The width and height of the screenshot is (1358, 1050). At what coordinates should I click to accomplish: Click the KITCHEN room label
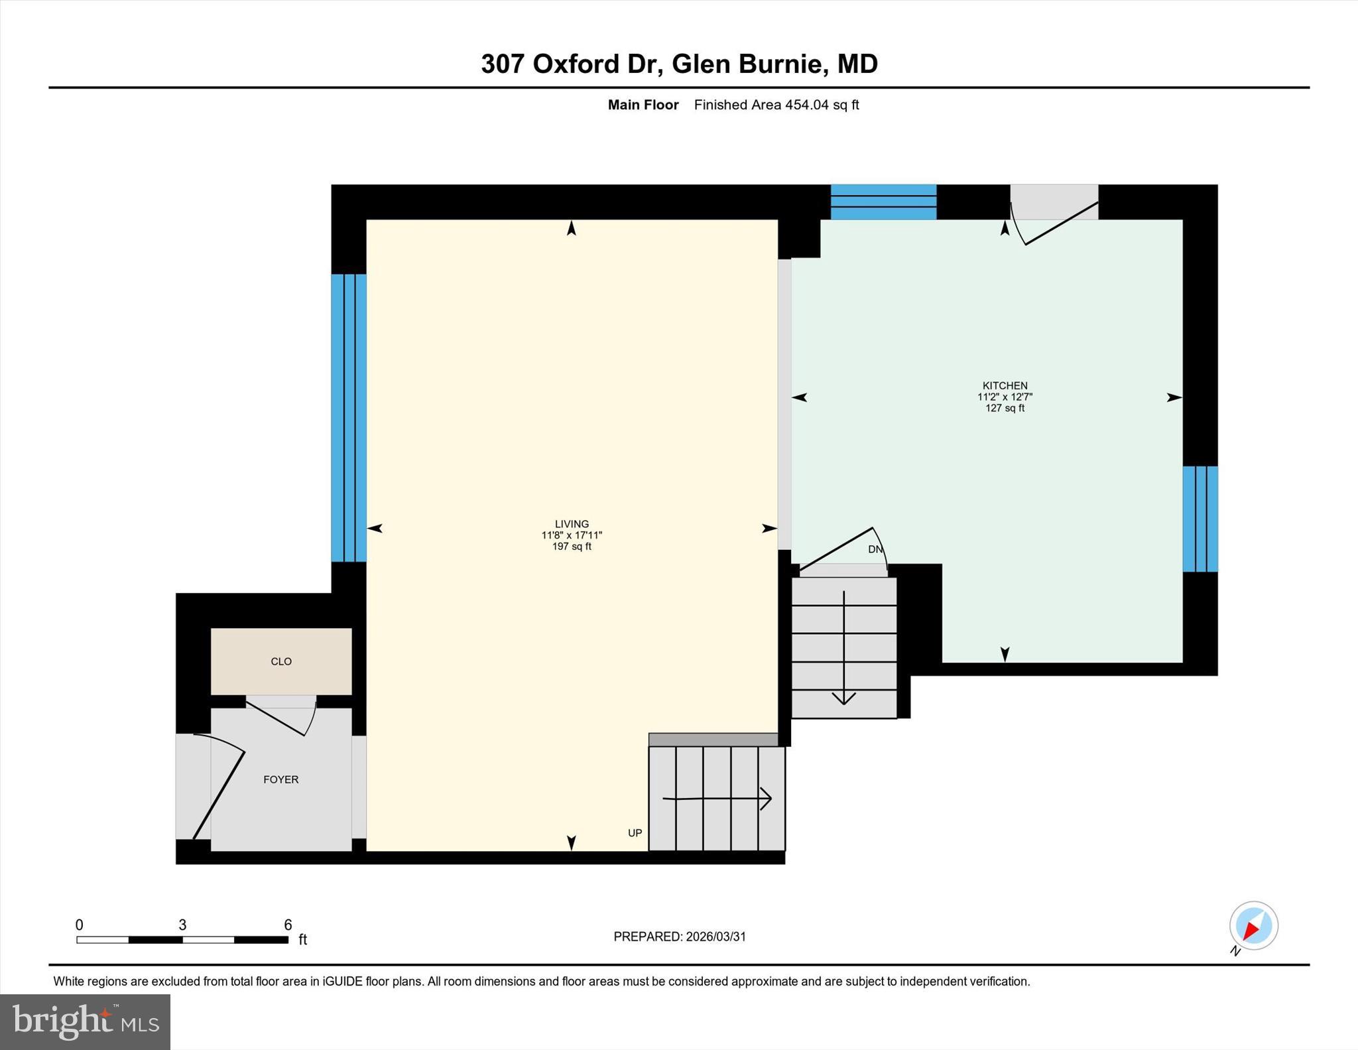click(x=1005, y=385)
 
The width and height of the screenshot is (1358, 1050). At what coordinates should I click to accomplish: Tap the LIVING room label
click(x=572, y=524)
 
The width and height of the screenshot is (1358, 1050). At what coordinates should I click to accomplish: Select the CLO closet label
click(x=281, y=661)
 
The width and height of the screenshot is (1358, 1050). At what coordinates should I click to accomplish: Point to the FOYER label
click(x=281, y=779)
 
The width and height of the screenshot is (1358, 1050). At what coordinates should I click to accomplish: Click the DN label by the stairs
click(x=875, y=549)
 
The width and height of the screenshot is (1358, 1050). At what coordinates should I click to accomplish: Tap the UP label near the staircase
click(x=635, y=833)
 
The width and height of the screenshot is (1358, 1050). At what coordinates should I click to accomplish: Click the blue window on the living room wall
click(x=349, y=418)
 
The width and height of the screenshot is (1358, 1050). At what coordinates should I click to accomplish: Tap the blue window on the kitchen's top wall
click(x=883, y=202)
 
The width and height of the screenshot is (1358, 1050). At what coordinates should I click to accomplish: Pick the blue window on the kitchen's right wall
click(x=1200, y=519)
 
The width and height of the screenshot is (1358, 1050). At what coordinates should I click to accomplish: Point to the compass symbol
click(x=1253, y=926)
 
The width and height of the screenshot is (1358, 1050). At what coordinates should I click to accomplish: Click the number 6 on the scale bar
click(x=288, y=925)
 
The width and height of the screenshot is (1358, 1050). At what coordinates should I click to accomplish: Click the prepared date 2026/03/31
click(x=715, y=937)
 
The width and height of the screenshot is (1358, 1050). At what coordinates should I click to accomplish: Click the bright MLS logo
click(x=85, y=1021)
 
